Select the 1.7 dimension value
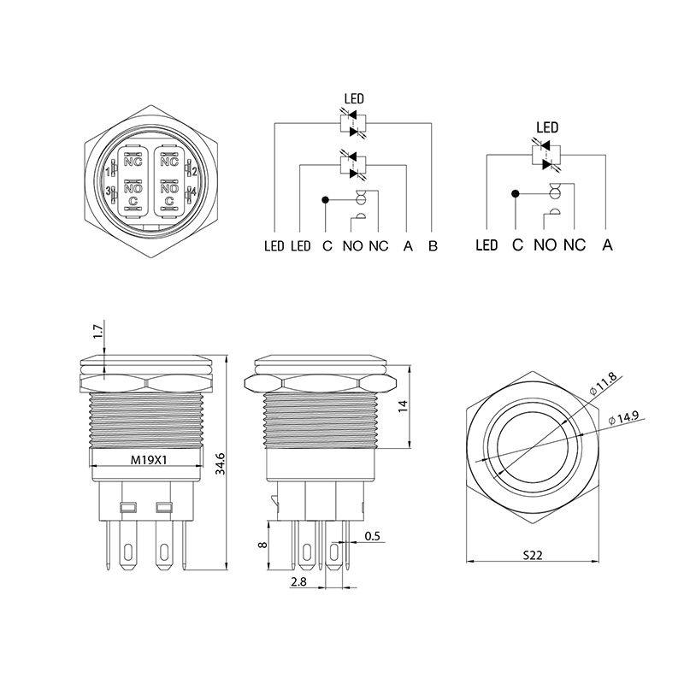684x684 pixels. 97,331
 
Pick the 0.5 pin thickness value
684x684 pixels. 373,536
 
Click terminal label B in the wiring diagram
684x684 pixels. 433,246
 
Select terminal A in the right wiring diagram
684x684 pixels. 607,245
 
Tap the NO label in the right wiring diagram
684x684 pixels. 545,245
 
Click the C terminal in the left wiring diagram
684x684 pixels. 327,246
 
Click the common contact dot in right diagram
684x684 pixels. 516,193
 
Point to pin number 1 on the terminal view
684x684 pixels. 106,170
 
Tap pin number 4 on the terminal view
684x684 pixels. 195,192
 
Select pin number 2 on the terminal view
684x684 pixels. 195,170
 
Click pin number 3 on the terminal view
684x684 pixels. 106,192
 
